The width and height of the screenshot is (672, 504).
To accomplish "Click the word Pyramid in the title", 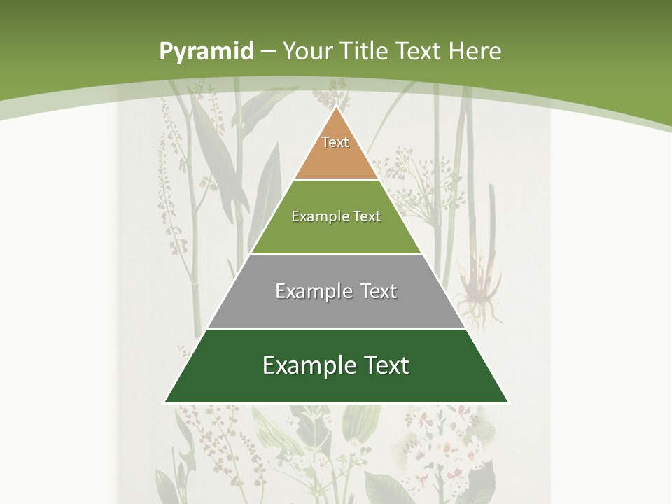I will [x=206, y=51].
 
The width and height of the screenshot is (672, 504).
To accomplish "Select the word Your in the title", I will [x=307, y=51].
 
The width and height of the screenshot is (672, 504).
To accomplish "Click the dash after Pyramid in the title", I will [x=267, y=52].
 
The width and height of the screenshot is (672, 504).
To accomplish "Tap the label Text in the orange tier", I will [x=335, y=142].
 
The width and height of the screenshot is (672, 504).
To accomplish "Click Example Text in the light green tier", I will [x=336, y=216].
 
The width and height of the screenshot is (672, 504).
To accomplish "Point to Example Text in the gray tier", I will [x=336, y=291].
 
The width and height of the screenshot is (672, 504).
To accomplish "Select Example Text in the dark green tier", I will [x=336, y=365].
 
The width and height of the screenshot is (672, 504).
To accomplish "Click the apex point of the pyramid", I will [x=337, y=106].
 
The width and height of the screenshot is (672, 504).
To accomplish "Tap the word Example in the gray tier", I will [x=311, y=291].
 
